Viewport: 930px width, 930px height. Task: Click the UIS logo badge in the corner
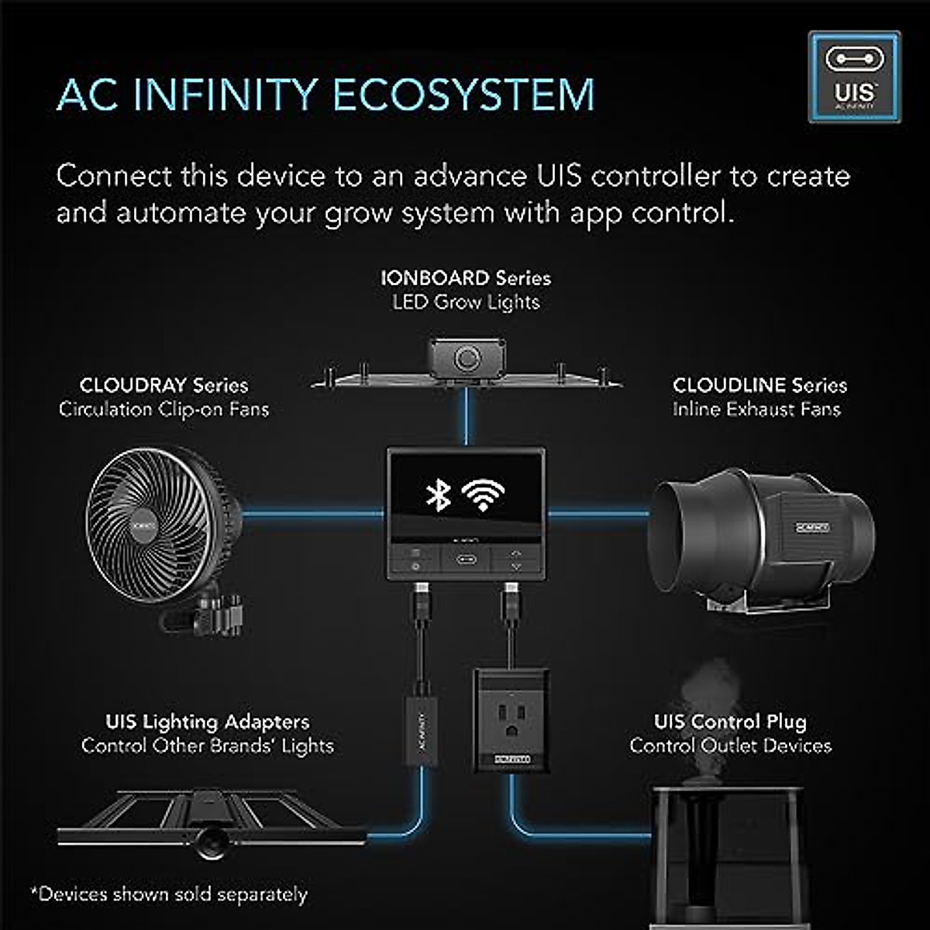point(854,77)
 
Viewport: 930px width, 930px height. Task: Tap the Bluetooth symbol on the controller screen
point(439,494)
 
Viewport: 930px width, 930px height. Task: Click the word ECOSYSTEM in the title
point(463,95)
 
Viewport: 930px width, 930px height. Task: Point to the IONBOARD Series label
point(466,278)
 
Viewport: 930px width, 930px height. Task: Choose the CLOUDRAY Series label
point(164,385)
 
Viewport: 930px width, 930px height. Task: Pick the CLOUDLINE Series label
point(759,385)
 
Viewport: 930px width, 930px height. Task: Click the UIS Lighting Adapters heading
point(208,722)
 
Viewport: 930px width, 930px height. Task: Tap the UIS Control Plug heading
point(730,722)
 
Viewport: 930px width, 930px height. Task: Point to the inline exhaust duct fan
point(763,535)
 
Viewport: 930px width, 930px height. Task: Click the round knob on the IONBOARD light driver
point(467,359)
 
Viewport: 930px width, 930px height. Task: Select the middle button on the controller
point(466,559)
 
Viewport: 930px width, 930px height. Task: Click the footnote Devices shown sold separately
point(169,894)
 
